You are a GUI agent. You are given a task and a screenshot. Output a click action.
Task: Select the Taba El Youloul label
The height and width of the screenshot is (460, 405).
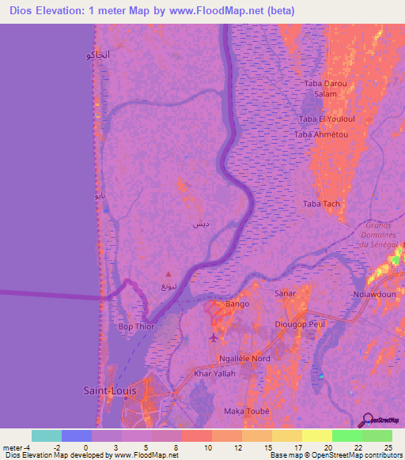[x=323, y=119]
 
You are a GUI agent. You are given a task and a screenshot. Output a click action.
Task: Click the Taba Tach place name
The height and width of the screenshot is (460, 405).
[x=321, y=204]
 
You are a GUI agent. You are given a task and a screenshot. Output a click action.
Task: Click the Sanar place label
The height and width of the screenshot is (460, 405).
[x=285, y=293]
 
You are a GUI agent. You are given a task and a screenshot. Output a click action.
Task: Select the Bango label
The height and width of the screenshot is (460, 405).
[x=237, y=304]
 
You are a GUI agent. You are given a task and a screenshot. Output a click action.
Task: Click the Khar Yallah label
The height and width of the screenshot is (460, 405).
[x=214, y=373]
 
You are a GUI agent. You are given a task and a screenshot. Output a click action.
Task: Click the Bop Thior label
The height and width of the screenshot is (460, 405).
[x=135, y=326]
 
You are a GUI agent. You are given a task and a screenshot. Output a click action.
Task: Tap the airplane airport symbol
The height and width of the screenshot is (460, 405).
[x=214, y=339]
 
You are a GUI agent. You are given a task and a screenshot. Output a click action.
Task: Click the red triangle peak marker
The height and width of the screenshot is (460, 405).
[x=164, y=279]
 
